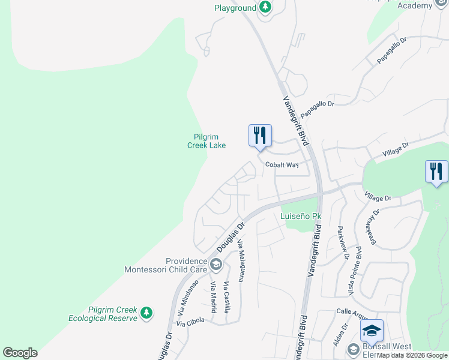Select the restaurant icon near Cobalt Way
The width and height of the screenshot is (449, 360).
click(x=260, y=135)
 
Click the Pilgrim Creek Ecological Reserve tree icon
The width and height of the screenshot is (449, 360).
click(x=146, y=313)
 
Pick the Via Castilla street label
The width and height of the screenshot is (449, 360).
click(x=227, y=298)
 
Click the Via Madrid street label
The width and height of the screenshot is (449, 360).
click(x=212, y=294)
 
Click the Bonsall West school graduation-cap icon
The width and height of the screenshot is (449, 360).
click(x=372, y=329)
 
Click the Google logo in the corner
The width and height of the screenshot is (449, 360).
click(x=20, y=353)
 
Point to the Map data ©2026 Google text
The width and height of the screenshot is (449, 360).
click(x=412, y=355)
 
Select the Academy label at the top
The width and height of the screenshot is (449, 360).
click(x=415, y=6)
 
